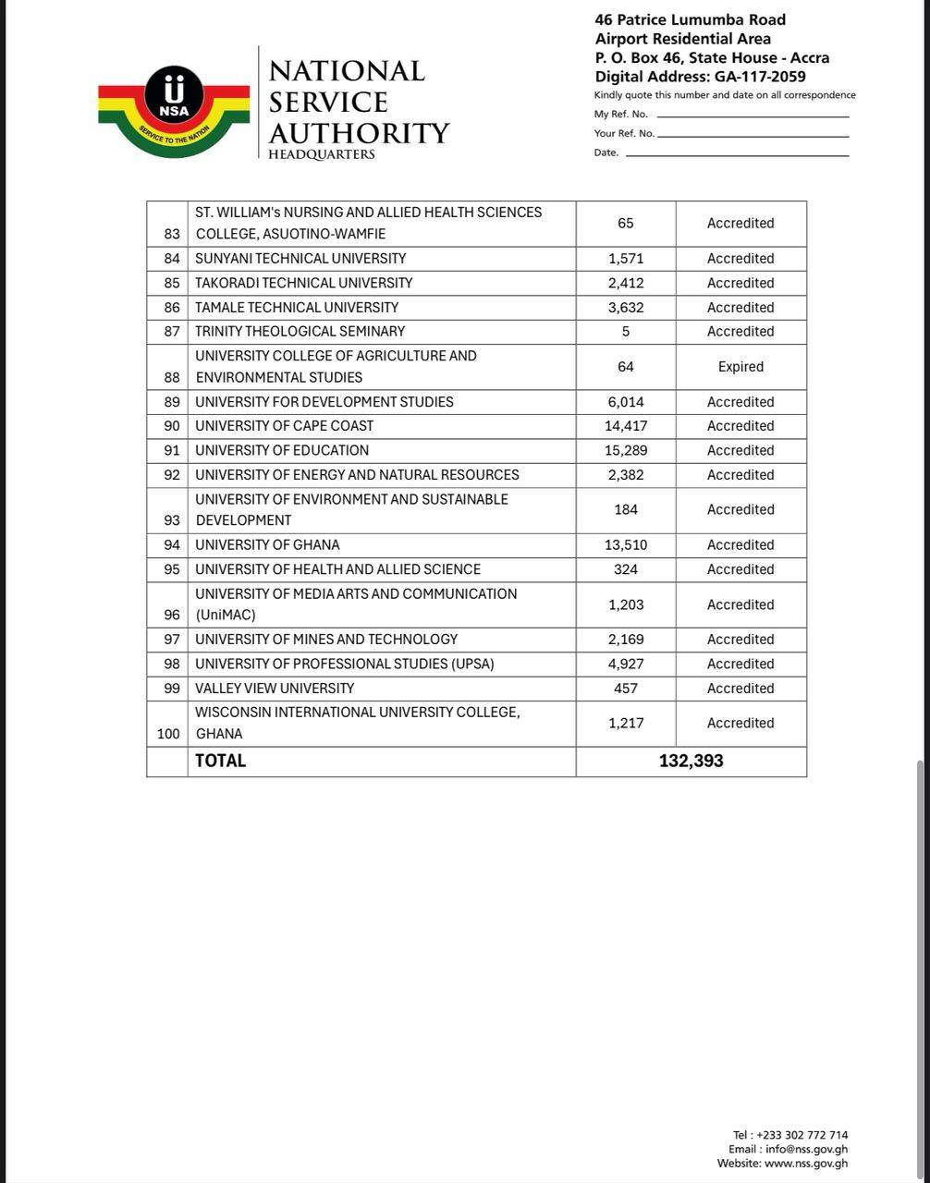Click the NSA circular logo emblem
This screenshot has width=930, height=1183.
click(174, 96)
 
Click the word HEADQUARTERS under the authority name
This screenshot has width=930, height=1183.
click(322, 154)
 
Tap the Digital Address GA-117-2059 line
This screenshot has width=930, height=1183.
click(700, 77)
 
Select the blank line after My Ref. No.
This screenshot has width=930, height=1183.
click(752, 116)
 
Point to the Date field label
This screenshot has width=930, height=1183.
click(606, 152)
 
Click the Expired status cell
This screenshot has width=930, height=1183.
click(740, 367)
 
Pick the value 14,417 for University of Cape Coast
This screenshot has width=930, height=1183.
click(626, 426)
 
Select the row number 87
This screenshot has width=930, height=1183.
click(172, 332)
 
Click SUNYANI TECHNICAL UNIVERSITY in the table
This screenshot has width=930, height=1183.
click(300, 259)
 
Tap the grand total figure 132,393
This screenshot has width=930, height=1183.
click(691, 762)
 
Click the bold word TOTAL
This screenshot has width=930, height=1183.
click(220, 762)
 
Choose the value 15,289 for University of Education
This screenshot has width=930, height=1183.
click(626, 451)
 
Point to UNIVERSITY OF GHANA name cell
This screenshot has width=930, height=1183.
click(267, 545)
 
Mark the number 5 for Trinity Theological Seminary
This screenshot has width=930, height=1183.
click(626, 332)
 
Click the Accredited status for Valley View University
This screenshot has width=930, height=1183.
click(740, 689)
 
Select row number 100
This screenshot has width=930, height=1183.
click(168, 734)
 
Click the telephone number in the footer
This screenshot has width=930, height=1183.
click(802, 1135)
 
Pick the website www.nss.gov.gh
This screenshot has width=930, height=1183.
click(805, 1164)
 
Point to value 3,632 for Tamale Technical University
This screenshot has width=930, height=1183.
click(626, 308)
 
